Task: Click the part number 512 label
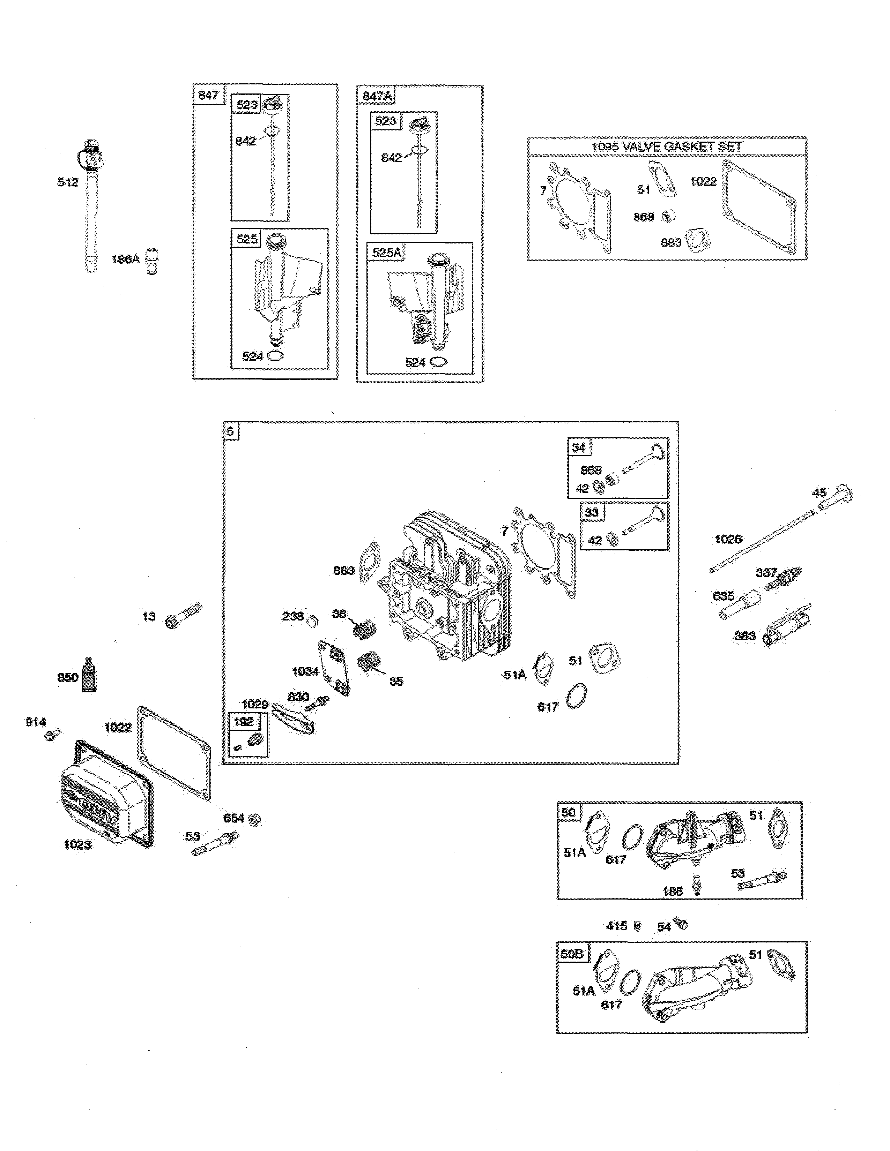(67, 182)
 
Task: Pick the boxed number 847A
(377, 96)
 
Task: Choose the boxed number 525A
(386, 253)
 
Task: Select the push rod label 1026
(728, 539)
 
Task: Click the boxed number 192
(244, 722)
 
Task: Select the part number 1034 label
(305, 671)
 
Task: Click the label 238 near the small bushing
(292, 616)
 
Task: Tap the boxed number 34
(578, 447)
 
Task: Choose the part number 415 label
(616, 925)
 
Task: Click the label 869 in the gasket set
(643, 217)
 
